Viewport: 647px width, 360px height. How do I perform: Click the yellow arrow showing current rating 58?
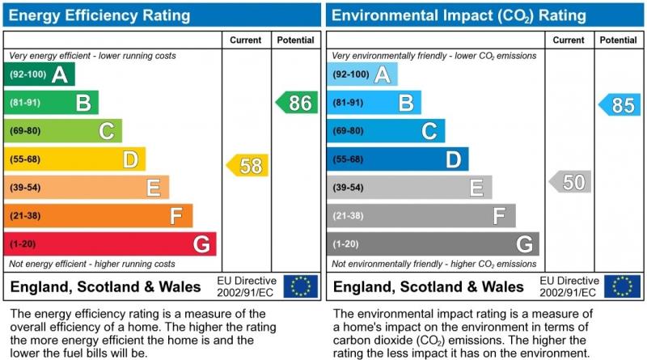pyautogui.click(x=247, y=165)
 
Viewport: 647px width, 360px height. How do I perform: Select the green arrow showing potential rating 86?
pyautogui.click(x=296, y=103)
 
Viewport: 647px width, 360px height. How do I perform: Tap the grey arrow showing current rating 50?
pyautogui.click(x=569, y=181)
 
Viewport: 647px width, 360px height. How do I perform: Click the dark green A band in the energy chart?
pyautogui.click(x=40, y=74)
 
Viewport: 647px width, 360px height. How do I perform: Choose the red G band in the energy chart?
pyautogui.click(x=110, y=244)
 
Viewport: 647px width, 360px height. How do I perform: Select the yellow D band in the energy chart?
pyautogui.click(x=75, y=159)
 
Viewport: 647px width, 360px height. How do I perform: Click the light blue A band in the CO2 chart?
pyautogui.click(x=362, y=74)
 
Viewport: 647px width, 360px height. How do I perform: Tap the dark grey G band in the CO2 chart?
pyautogui.click(x=433, y=244)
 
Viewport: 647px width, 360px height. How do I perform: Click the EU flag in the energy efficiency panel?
pyautogui.click(x=301, y=286)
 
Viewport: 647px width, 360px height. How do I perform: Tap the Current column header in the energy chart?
pyautogui.click(x=246, y=40)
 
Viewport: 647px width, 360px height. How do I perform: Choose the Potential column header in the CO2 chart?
pyautogui.click(x=618, y=40)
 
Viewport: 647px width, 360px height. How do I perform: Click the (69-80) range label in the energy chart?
pyautogui.click(x=25, y=131)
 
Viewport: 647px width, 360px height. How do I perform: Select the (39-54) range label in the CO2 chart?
pyautogui.click(x=349, y=188)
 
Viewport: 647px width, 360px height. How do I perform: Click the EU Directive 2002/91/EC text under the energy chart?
pyautogui.click(x=247, y=286)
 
